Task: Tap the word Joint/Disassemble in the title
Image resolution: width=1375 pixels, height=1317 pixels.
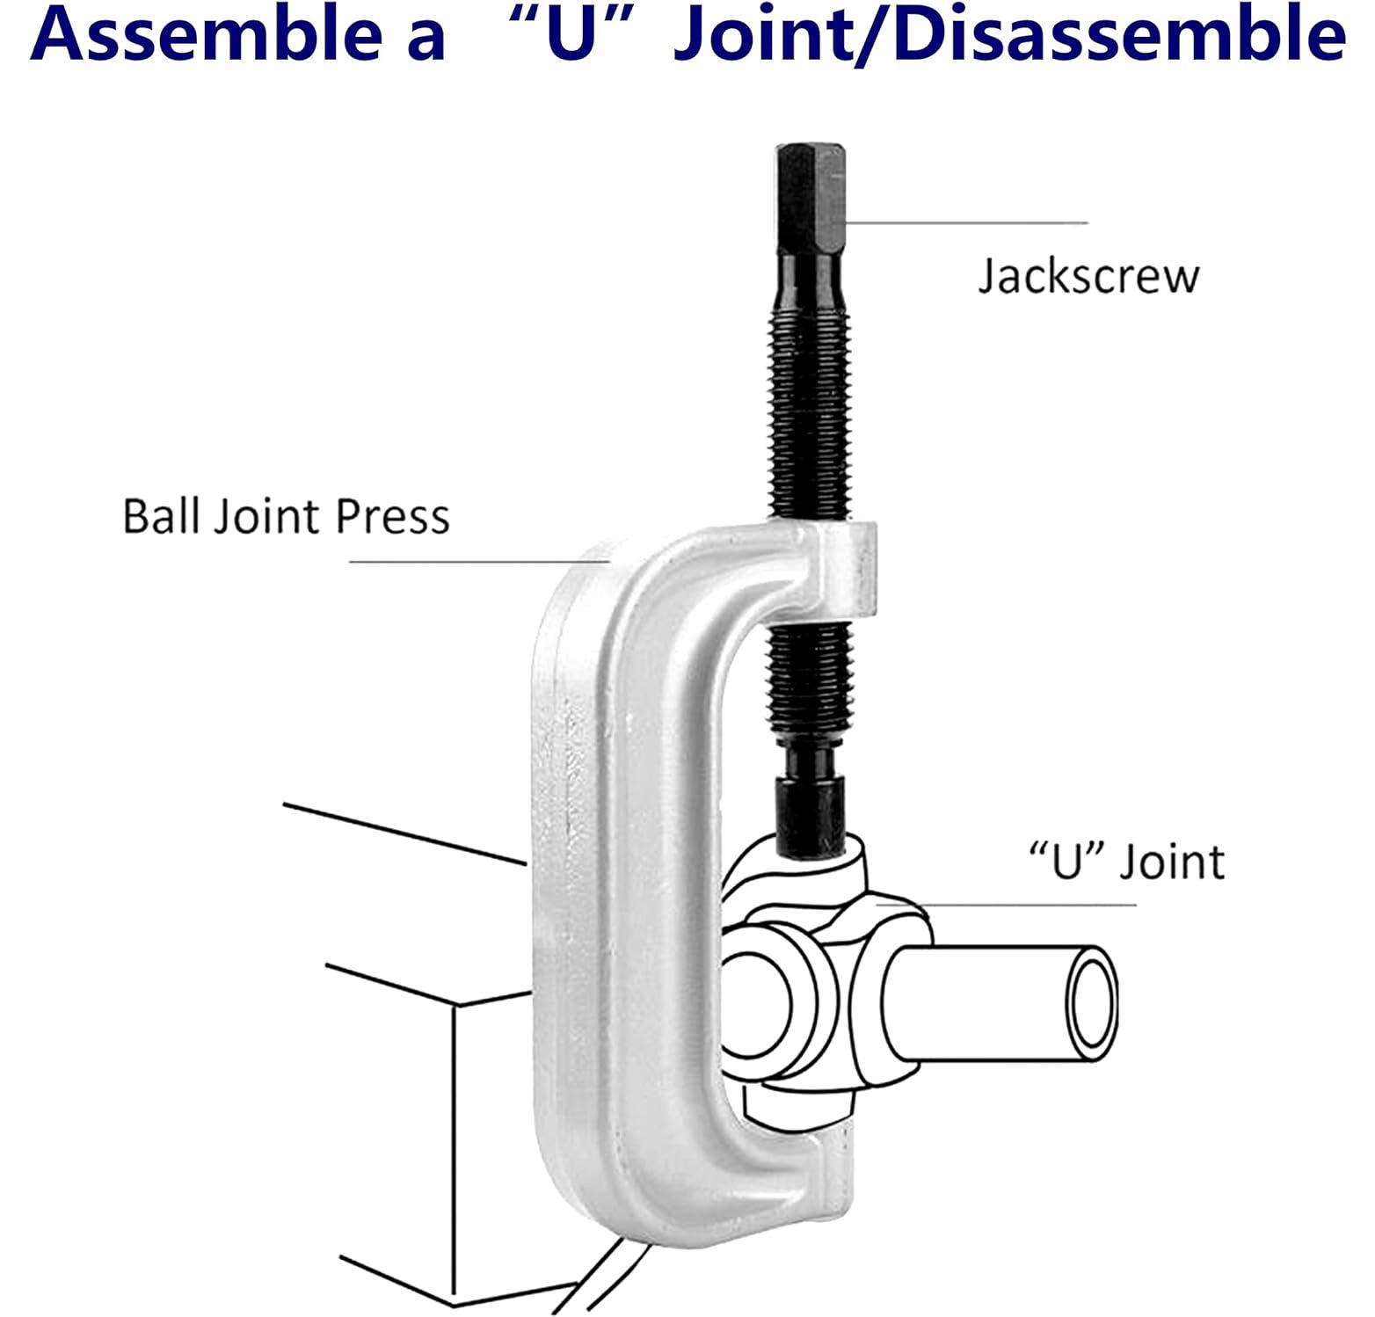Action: tap(1009, 35)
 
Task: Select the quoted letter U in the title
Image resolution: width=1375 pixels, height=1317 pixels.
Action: tap(573, 35)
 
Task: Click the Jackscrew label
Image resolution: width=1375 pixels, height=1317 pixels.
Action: tap(1088, 276)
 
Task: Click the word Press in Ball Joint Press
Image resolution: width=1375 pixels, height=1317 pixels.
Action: tap(393, 516)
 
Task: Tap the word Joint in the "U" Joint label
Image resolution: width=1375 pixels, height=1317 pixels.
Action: tap(1172, 862)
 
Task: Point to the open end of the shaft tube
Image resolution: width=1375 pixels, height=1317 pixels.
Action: tap(1092, 1002)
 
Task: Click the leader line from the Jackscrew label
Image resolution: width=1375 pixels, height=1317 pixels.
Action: tap(967, 223)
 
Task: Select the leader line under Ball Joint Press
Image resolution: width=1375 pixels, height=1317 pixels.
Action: tap(475, 561)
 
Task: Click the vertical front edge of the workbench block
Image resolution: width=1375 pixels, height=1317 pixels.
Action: tap(454, 1143)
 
